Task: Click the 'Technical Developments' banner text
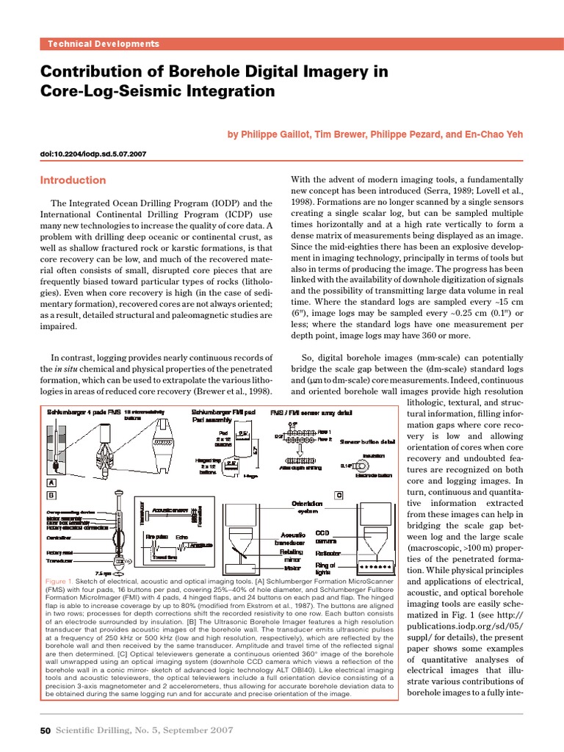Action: pyautogui.click(x=103, y=44)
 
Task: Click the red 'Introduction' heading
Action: pyautogui.click(x=73, y=180)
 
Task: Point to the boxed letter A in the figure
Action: pyautogui.click(x=51, y=482)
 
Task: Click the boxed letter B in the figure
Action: pyautogui.click(x=51, y=495)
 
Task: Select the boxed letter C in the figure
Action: pyautogui.click(x=339, y=495)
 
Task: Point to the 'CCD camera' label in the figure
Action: pyautogui.click(x=324, y=537)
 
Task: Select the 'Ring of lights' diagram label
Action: pyautogui.click(x=325, y=569)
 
